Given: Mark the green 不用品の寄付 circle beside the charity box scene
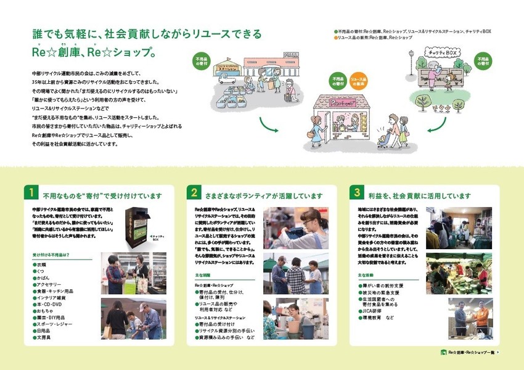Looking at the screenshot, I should [x=483, y=62].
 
